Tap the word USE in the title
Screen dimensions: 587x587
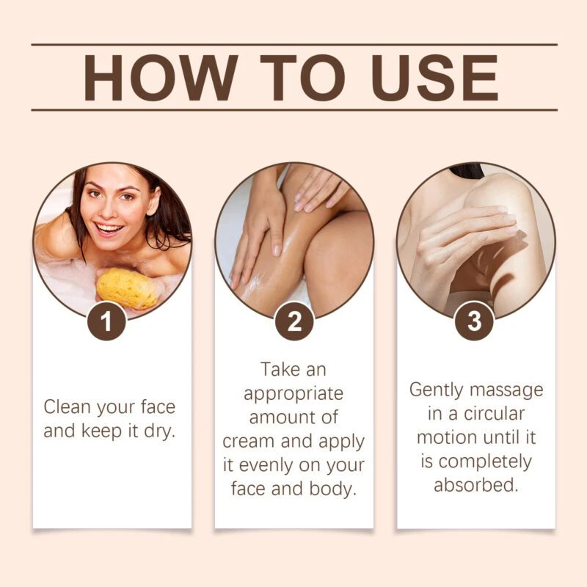[x=434, y=78]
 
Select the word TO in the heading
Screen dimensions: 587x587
[x=302, y=78]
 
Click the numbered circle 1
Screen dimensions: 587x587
[x=106, y=321]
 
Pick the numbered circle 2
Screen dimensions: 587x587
[x=294, y=321]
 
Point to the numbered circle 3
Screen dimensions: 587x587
[x=474, y=321]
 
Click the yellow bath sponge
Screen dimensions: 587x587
[x=127, y=288]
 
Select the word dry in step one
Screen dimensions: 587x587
[x=160, y=431]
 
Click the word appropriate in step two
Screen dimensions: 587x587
[x=293, y=394]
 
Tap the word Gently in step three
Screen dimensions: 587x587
[x=437, y=390]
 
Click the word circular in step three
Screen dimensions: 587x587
[x=494, y=413]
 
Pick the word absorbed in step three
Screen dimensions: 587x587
[x=475, y=485]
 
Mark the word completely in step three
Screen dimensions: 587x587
[x=485, y=462]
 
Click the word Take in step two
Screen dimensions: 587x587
[x=280, y=369]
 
